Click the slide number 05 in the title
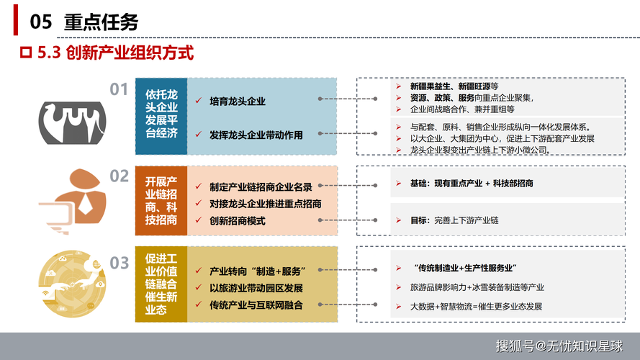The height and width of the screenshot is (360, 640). click(x=40, y=22)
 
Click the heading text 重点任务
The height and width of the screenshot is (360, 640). click(x=102, y=22)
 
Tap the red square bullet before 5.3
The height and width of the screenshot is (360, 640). click(x=26, y=53)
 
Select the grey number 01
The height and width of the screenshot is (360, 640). click(x=119, y=89)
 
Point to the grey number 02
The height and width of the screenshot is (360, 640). click(x=119, y=176)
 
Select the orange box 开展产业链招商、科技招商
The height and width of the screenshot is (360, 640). click(x=161, y=200)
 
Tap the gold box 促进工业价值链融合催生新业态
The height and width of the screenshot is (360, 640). click(x=161, y=284)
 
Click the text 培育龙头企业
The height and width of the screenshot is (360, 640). click(x=238, y=102)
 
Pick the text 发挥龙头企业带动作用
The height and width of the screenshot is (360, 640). click(x=256, y=135)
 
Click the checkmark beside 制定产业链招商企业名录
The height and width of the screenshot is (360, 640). click(x=198, y=186)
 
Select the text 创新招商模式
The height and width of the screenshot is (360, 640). click(x=238, y=221)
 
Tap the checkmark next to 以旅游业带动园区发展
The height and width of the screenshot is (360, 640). click(x=198, y=288)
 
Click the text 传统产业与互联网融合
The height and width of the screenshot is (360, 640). click(x=256, y=305)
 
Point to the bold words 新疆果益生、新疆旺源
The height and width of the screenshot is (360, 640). click(x=451, y=86)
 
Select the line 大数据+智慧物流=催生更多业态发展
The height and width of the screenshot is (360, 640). click(x=476, y=306)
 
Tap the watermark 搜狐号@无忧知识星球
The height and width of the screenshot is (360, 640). click(x=558, y=346)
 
